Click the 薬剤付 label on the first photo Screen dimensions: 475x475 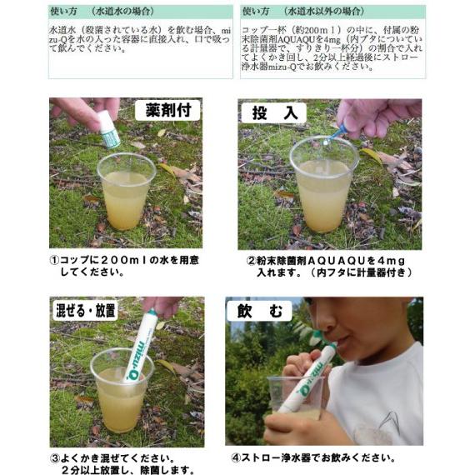[167, 111]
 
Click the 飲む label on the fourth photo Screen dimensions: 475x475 [259, 311]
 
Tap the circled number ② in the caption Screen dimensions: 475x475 [250, 259]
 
